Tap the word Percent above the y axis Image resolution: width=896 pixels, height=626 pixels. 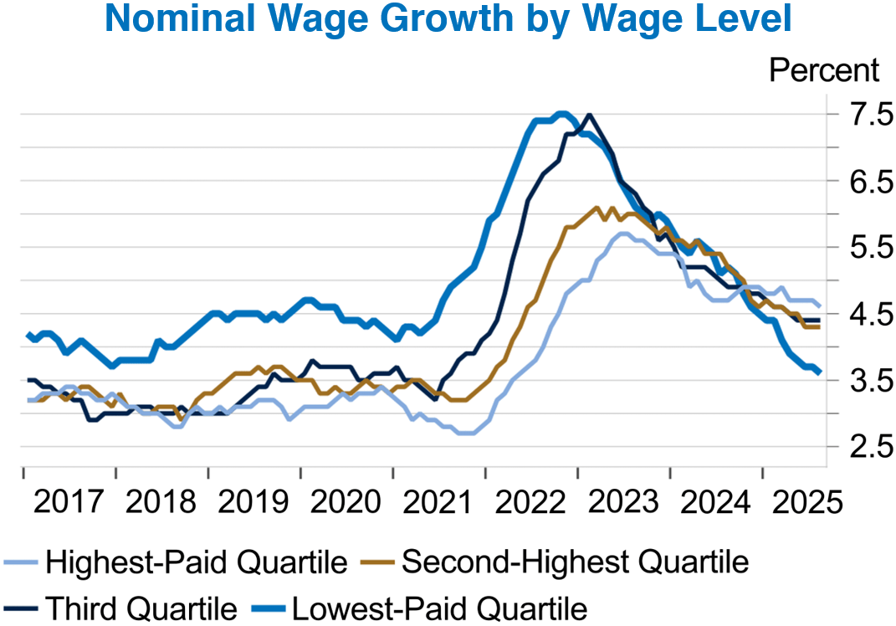pyautogui.click(x=824, y=70)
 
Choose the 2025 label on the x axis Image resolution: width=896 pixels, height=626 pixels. pyautogui.click(x=795, y=502)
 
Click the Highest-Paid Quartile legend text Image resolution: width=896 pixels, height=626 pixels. pyautogui.click(x=197, y=562)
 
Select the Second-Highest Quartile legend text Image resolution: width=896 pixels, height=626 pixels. pyautogui.click(x=575, y=562)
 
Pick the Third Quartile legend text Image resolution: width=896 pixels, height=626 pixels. pyautogui.click(x=141, y=607)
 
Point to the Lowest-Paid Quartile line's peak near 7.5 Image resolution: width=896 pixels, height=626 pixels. pyautogui.click(x=562, y=114)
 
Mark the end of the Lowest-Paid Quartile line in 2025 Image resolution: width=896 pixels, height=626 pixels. pyautogui.click(x=818, y=372)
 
